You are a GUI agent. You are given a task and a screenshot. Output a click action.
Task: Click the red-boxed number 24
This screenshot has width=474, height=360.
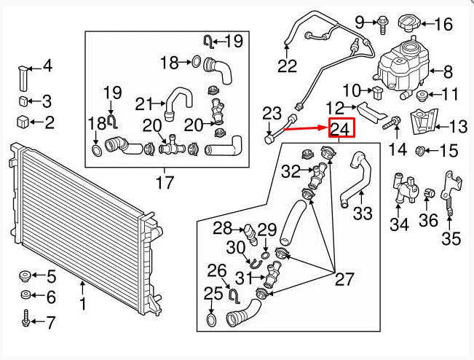[341, 128]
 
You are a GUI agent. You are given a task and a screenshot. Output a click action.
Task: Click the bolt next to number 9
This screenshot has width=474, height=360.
[382, 23]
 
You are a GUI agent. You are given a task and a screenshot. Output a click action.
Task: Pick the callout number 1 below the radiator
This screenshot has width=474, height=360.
[82, 302]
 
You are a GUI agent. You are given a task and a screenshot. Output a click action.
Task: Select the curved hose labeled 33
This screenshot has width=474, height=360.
[355, 179]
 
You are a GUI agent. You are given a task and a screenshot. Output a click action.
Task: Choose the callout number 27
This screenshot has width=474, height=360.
[343, 278]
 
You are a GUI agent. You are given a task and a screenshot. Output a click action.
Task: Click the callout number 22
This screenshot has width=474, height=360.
[288, 67]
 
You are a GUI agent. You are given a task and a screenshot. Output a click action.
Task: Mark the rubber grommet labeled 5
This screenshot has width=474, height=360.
[23, 277]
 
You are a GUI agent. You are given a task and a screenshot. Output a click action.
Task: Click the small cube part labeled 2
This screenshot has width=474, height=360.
[23, 121]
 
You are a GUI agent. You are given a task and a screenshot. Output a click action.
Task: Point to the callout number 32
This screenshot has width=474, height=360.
[291, 171]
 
